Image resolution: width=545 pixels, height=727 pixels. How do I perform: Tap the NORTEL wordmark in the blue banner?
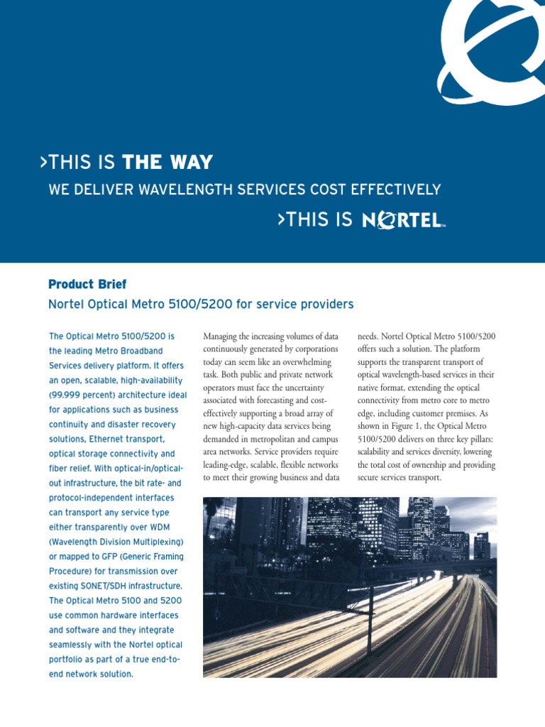click(x=402, y=220)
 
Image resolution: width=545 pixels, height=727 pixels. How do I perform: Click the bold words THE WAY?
click(x=167, y=163)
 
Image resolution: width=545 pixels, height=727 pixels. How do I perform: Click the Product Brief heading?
click(x=87, y=284)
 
